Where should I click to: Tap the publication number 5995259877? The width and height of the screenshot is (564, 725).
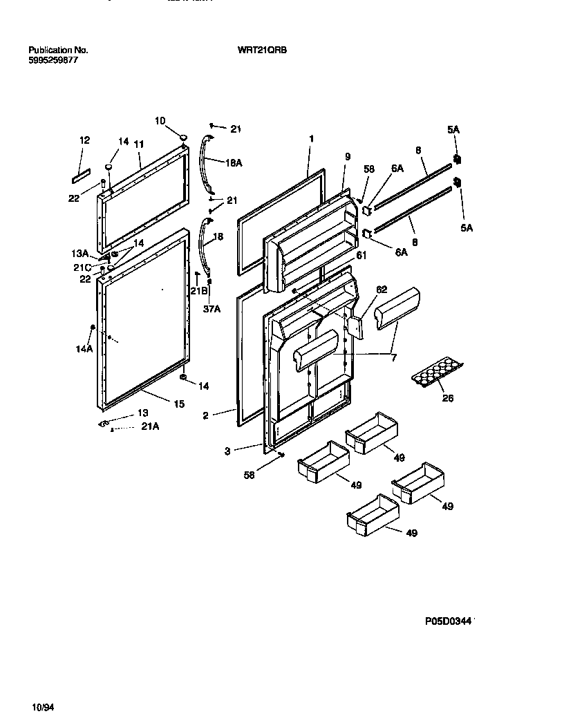53,60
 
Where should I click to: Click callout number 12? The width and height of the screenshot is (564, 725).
84,140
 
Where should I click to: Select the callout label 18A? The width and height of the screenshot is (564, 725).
234,162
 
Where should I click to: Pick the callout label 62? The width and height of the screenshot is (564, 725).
382,290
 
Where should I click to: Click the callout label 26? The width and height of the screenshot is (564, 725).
448,398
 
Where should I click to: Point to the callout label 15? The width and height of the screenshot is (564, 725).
178,404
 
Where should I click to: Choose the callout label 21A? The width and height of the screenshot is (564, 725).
150,427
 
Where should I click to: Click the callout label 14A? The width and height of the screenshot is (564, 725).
84,350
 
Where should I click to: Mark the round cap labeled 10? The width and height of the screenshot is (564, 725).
183,138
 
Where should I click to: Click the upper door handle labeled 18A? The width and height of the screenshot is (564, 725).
206,165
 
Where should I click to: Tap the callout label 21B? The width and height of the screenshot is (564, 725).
199,291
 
